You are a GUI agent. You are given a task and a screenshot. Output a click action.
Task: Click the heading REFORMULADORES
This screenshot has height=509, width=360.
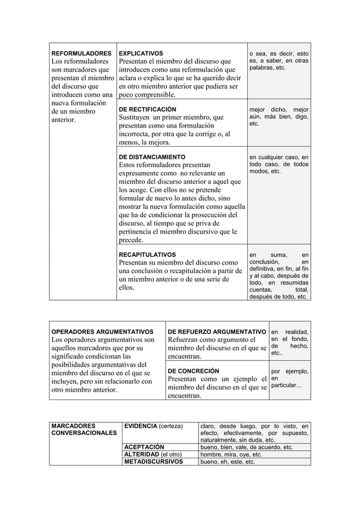click(81, 53)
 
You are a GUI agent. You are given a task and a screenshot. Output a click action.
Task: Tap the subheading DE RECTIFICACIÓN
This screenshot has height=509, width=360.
click(147, 109)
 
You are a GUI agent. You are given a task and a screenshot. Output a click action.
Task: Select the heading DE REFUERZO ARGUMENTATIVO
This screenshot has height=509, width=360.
click(217, 331)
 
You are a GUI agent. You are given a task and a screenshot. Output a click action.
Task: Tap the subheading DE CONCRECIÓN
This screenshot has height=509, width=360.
click(194, 371)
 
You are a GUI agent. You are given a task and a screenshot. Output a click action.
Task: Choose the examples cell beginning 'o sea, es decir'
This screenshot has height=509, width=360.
click(279, 61)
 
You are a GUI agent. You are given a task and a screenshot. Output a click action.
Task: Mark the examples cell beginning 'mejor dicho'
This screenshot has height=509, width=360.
click(279, 116)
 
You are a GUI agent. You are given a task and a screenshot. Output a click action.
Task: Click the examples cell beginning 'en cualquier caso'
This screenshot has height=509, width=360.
click(279, 164)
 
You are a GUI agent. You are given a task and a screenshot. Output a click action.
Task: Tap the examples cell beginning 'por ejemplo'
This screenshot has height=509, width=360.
click(289, 378)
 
